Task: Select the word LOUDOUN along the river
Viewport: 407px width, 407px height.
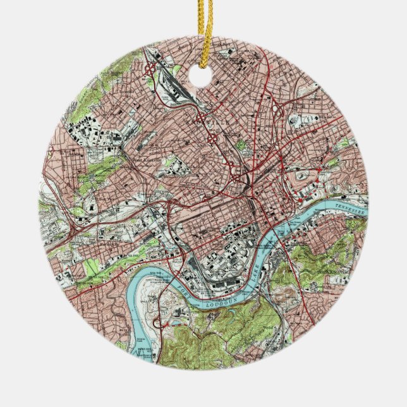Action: point(223,302)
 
